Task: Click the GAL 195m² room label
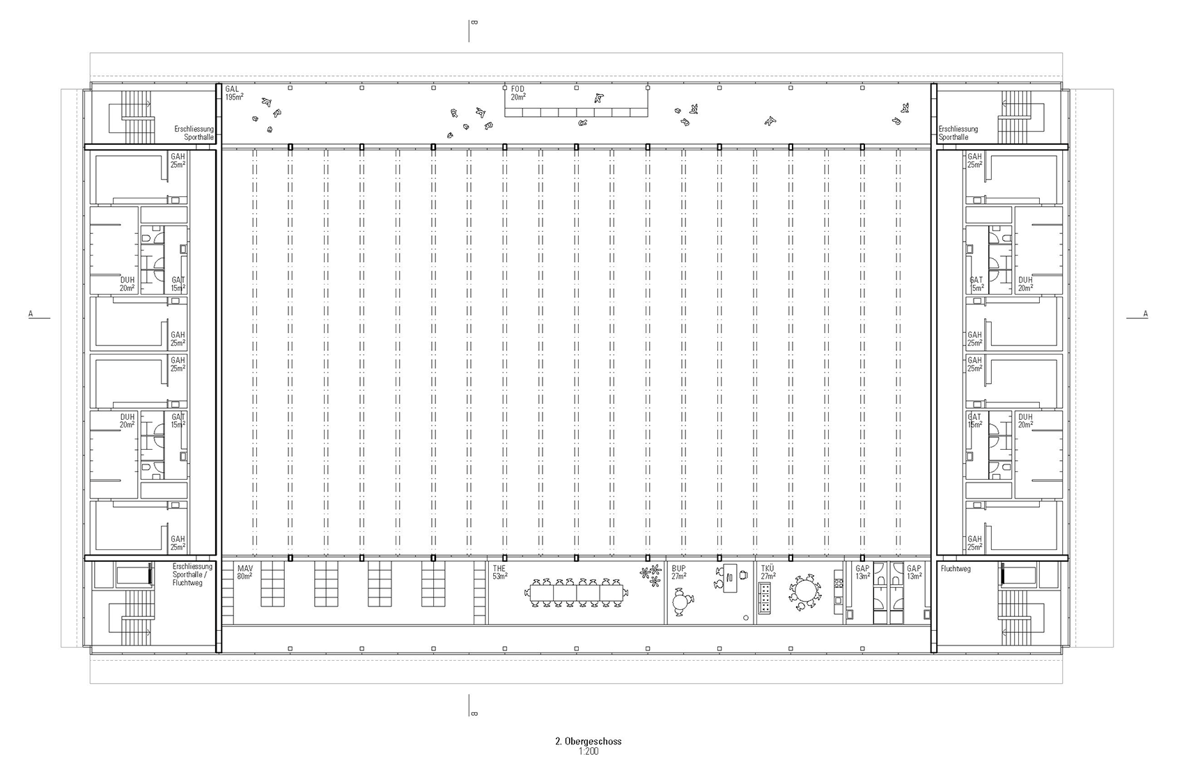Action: (x=233, y=93)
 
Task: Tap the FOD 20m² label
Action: (x=518, y=93)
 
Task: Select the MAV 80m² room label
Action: (x=244, y=572)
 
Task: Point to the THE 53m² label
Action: (x=500, y=572)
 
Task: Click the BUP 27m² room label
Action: (x=679, y=572)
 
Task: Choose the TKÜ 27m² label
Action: (x=768, y=572)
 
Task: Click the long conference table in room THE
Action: (x=577, y=593)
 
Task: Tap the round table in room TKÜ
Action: (x=804, y=592)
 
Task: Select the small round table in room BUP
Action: (x=681, y=601)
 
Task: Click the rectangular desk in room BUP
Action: (x=731, y=577)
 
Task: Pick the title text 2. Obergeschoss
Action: (x=589, y=741)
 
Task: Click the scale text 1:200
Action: (x=589, y=751)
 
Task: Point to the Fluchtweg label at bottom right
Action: (x=956, y=569)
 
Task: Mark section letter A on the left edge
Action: (x=31, y=314)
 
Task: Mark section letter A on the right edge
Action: (x=1146, y=314)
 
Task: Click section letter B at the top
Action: (x=474, y=23)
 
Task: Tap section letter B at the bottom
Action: (x=474, y=714)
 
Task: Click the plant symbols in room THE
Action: (x=651, y=574)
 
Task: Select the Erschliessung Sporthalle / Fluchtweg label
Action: (x=192, y=574)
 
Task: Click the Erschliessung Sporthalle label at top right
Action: (x=958, y=132)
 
